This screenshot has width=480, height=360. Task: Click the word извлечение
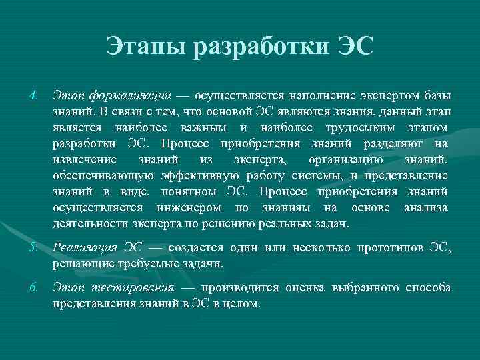(85, 160)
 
